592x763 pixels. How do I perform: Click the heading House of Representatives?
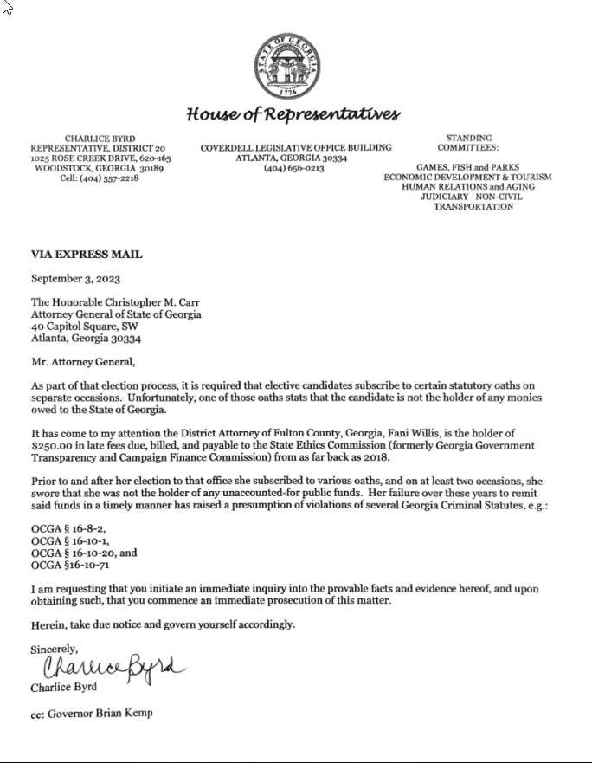click(293, 114)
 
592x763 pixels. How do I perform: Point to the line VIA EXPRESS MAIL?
click(87, 255)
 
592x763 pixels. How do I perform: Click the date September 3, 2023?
click(76, 279)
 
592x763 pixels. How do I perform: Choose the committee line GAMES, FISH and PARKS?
click(467, 167)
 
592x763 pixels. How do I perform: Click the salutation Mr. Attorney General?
click(83, 363)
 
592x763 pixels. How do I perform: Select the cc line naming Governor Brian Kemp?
click(92, 715)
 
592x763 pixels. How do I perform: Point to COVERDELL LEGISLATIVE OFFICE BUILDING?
click(296, 148)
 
